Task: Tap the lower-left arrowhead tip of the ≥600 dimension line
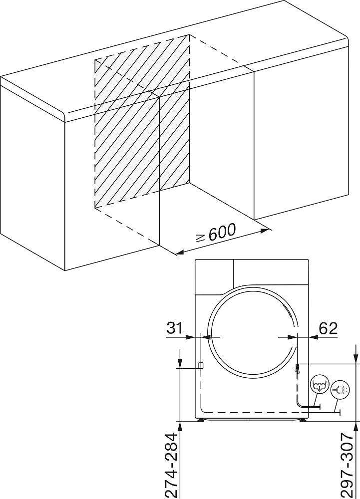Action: click(176, 254)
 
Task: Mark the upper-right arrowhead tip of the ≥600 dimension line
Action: click(269, 229)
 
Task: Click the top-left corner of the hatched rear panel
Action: click(94, 59)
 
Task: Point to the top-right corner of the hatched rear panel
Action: click(190, 34)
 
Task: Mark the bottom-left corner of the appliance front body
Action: click(195, 418)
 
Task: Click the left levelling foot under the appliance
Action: click(201, 420)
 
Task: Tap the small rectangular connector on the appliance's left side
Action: click(201, 365)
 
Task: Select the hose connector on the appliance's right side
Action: click(297, 369)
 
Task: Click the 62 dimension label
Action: click(328, 328)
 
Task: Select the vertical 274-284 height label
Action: click(173, 465)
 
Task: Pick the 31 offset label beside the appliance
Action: click(175, 328)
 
